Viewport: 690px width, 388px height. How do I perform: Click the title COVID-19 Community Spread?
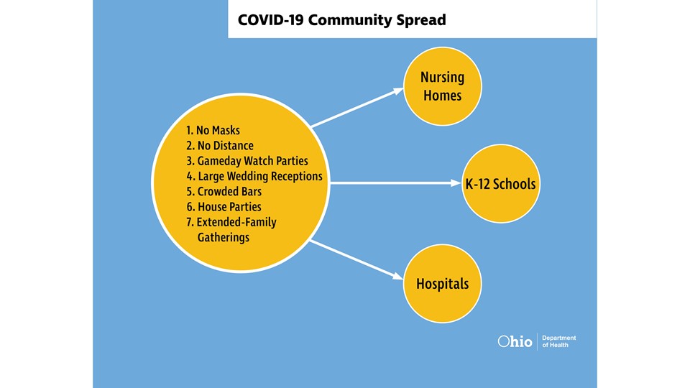[x=341, y=19]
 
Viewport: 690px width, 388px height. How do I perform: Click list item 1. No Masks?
[x=213, y=131]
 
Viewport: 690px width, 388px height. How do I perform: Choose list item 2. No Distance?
[x=219, y=146]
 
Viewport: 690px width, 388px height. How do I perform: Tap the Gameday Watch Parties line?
[x=243, y=161]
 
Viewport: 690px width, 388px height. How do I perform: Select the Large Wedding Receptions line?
[x=254, y=176]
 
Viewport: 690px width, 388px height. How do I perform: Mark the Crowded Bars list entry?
[x=224, y=192]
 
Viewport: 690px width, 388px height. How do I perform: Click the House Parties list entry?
[x=224, y=207]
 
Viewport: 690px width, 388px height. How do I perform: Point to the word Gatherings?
[x=223, y=237]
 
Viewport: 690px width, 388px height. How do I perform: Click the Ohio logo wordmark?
[x=515, y=342]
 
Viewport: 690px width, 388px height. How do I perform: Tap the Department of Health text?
[x=558, y=342]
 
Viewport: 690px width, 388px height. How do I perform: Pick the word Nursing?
[x=442, y=77]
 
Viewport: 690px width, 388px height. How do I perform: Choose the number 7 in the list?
[x=189, y=222]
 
